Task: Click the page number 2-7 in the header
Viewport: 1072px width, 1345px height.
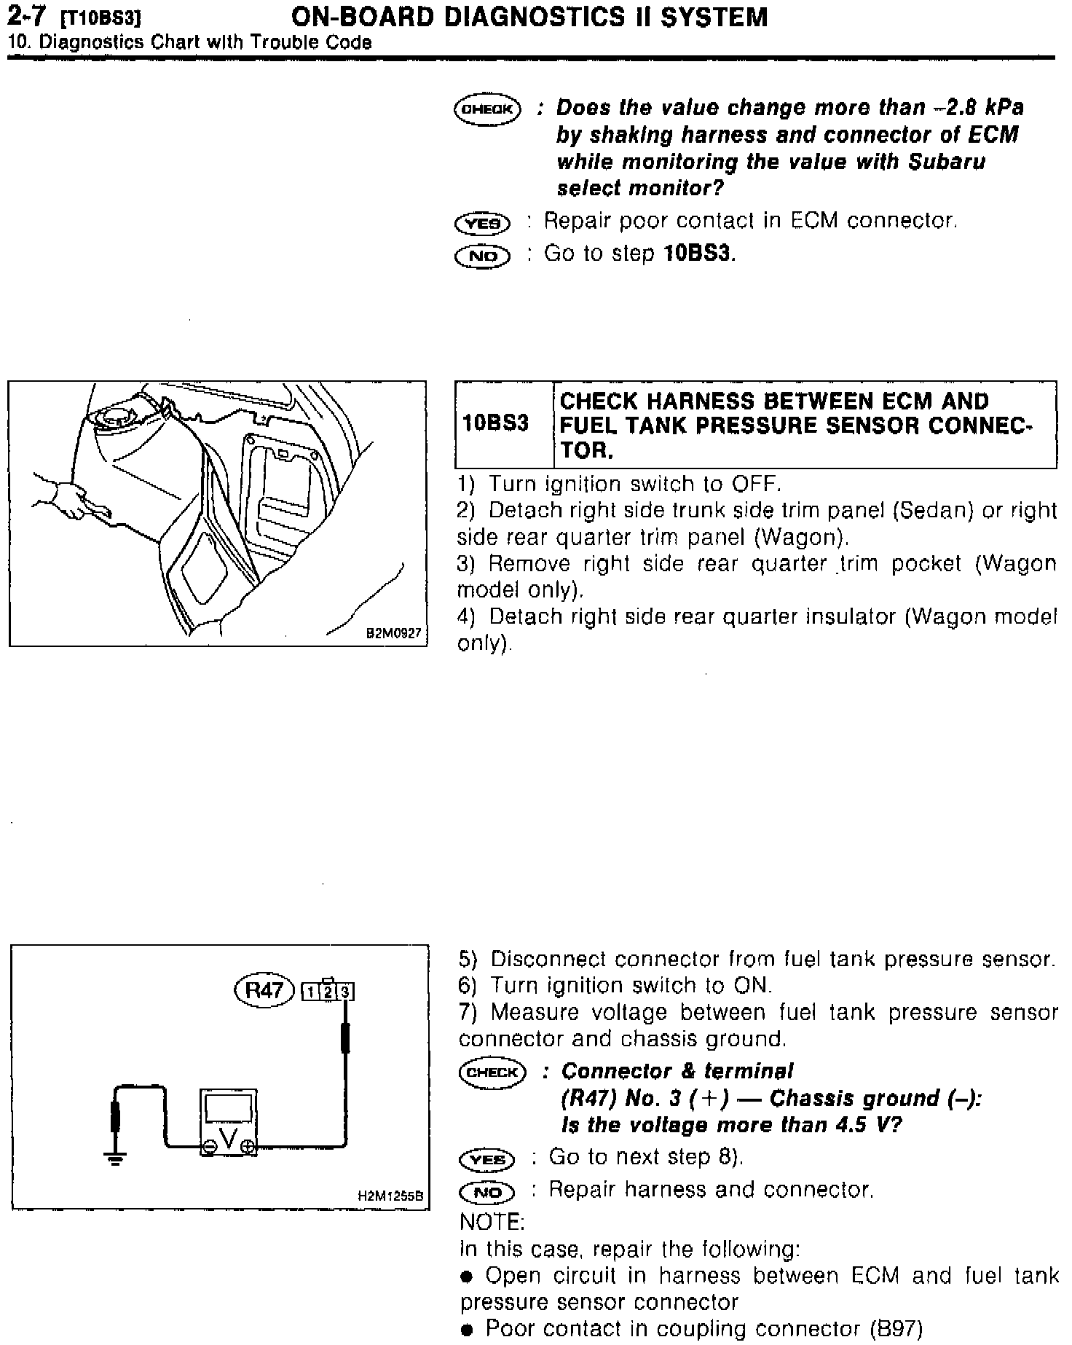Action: coord(27,16)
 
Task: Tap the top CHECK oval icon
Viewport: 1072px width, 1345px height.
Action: coord(487,109)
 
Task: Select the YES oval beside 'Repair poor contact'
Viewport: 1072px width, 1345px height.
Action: coord(482,223)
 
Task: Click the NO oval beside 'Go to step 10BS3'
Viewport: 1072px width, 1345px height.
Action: coord(482,256)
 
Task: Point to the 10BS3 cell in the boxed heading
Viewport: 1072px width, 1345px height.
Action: coord(495,423)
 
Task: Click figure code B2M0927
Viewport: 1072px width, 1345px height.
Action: coord(394,634)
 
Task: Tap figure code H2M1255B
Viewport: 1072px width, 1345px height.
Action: coord(390,1196)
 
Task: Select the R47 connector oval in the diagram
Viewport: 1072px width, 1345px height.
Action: coord(264,990)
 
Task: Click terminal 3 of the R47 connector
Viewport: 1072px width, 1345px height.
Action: coord(346,992)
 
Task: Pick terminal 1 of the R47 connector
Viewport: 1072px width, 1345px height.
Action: coord(311,992)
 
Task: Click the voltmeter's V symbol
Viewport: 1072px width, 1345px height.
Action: coord(229,1139)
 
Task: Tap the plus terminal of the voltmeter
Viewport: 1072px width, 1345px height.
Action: coord(248,1146)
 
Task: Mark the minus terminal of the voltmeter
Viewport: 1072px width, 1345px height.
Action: coord(210,1147)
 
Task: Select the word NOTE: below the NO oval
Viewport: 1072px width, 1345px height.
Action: coord(492,1221)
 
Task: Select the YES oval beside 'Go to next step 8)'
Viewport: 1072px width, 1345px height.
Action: coord(487,1159)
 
